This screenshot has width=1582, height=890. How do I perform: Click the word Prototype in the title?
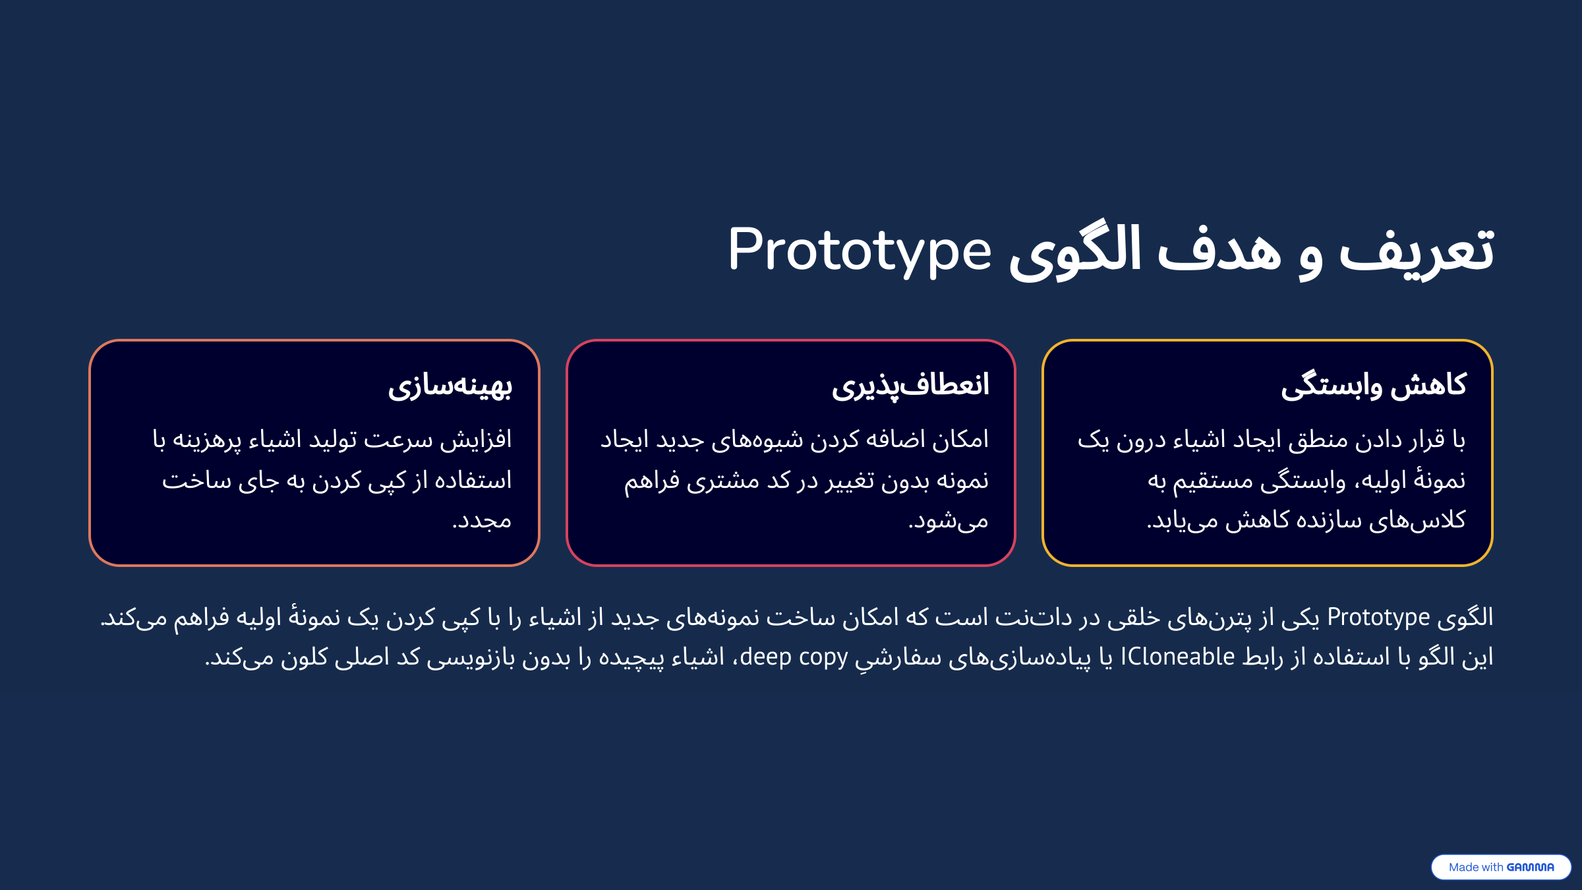click(859, 252)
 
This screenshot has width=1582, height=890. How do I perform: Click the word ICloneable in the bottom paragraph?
click(1177, 657)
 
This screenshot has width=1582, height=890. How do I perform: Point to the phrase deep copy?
click(794, 657)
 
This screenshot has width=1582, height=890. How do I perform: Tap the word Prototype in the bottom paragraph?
click(1378, 618)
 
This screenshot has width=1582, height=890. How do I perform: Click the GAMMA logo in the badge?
click(1530, 868)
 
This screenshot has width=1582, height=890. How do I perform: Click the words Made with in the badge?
click(1476, 868)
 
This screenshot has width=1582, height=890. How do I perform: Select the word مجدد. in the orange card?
click(482, 521)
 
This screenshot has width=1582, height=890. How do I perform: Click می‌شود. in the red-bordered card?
click(949, 521)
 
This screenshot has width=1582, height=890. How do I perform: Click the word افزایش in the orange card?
click(476, 440)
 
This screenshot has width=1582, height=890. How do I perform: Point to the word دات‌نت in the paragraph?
click(1034, 618)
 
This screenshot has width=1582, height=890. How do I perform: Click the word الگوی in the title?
click(1075, 252)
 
